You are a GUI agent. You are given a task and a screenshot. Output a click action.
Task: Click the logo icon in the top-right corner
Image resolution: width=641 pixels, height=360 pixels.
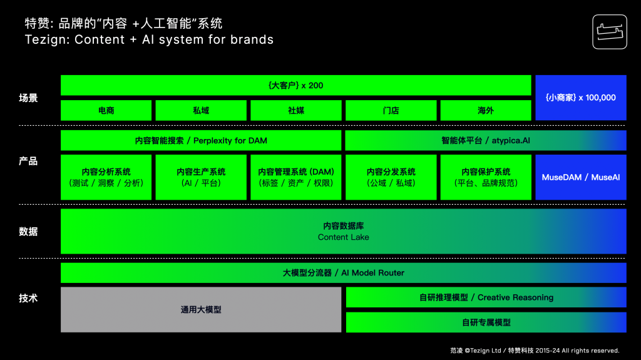609,31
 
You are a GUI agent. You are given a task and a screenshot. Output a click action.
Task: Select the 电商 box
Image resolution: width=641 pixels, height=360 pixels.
106,110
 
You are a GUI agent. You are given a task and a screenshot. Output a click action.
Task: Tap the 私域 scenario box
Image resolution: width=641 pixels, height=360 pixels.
201,110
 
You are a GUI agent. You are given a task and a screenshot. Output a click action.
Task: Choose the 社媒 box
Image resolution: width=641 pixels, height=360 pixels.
296,110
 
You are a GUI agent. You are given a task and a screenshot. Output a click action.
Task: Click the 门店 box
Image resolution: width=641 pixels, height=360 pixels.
391,110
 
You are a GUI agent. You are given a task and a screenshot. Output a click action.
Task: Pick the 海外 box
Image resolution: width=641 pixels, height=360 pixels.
486,110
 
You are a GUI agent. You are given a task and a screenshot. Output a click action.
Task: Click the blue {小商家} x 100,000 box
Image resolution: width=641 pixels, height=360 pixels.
581,98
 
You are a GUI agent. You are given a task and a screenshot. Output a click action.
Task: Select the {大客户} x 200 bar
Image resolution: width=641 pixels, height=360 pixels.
295,85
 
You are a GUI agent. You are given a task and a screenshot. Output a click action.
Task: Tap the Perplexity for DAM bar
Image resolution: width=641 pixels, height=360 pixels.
201,140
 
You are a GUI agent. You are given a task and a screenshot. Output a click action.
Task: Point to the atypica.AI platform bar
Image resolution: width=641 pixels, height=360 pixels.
486,140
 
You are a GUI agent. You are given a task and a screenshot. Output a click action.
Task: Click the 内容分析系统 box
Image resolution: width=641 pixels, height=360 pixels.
106,177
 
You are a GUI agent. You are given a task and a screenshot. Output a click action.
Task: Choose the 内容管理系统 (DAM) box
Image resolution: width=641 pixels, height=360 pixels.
296,177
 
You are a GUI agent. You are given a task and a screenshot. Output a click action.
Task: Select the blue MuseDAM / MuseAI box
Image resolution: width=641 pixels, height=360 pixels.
581,177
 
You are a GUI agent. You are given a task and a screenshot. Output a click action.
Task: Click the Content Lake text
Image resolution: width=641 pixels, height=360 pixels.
343,237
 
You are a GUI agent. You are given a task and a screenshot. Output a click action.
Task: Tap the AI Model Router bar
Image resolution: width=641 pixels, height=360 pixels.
343,273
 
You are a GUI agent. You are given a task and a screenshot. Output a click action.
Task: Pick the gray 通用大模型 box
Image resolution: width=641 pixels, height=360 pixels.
201,309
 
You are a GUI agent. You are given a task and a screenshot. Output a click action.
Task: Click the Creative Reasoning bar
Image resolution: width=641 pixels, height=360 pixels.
486,297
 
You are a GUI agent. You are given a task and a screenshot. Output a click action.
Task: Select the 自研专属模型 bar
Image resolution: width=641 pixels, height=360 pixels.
486,322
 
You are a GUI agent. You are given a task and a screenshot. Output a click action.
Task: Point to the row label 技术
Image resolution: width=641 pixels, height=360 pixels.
28,298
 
